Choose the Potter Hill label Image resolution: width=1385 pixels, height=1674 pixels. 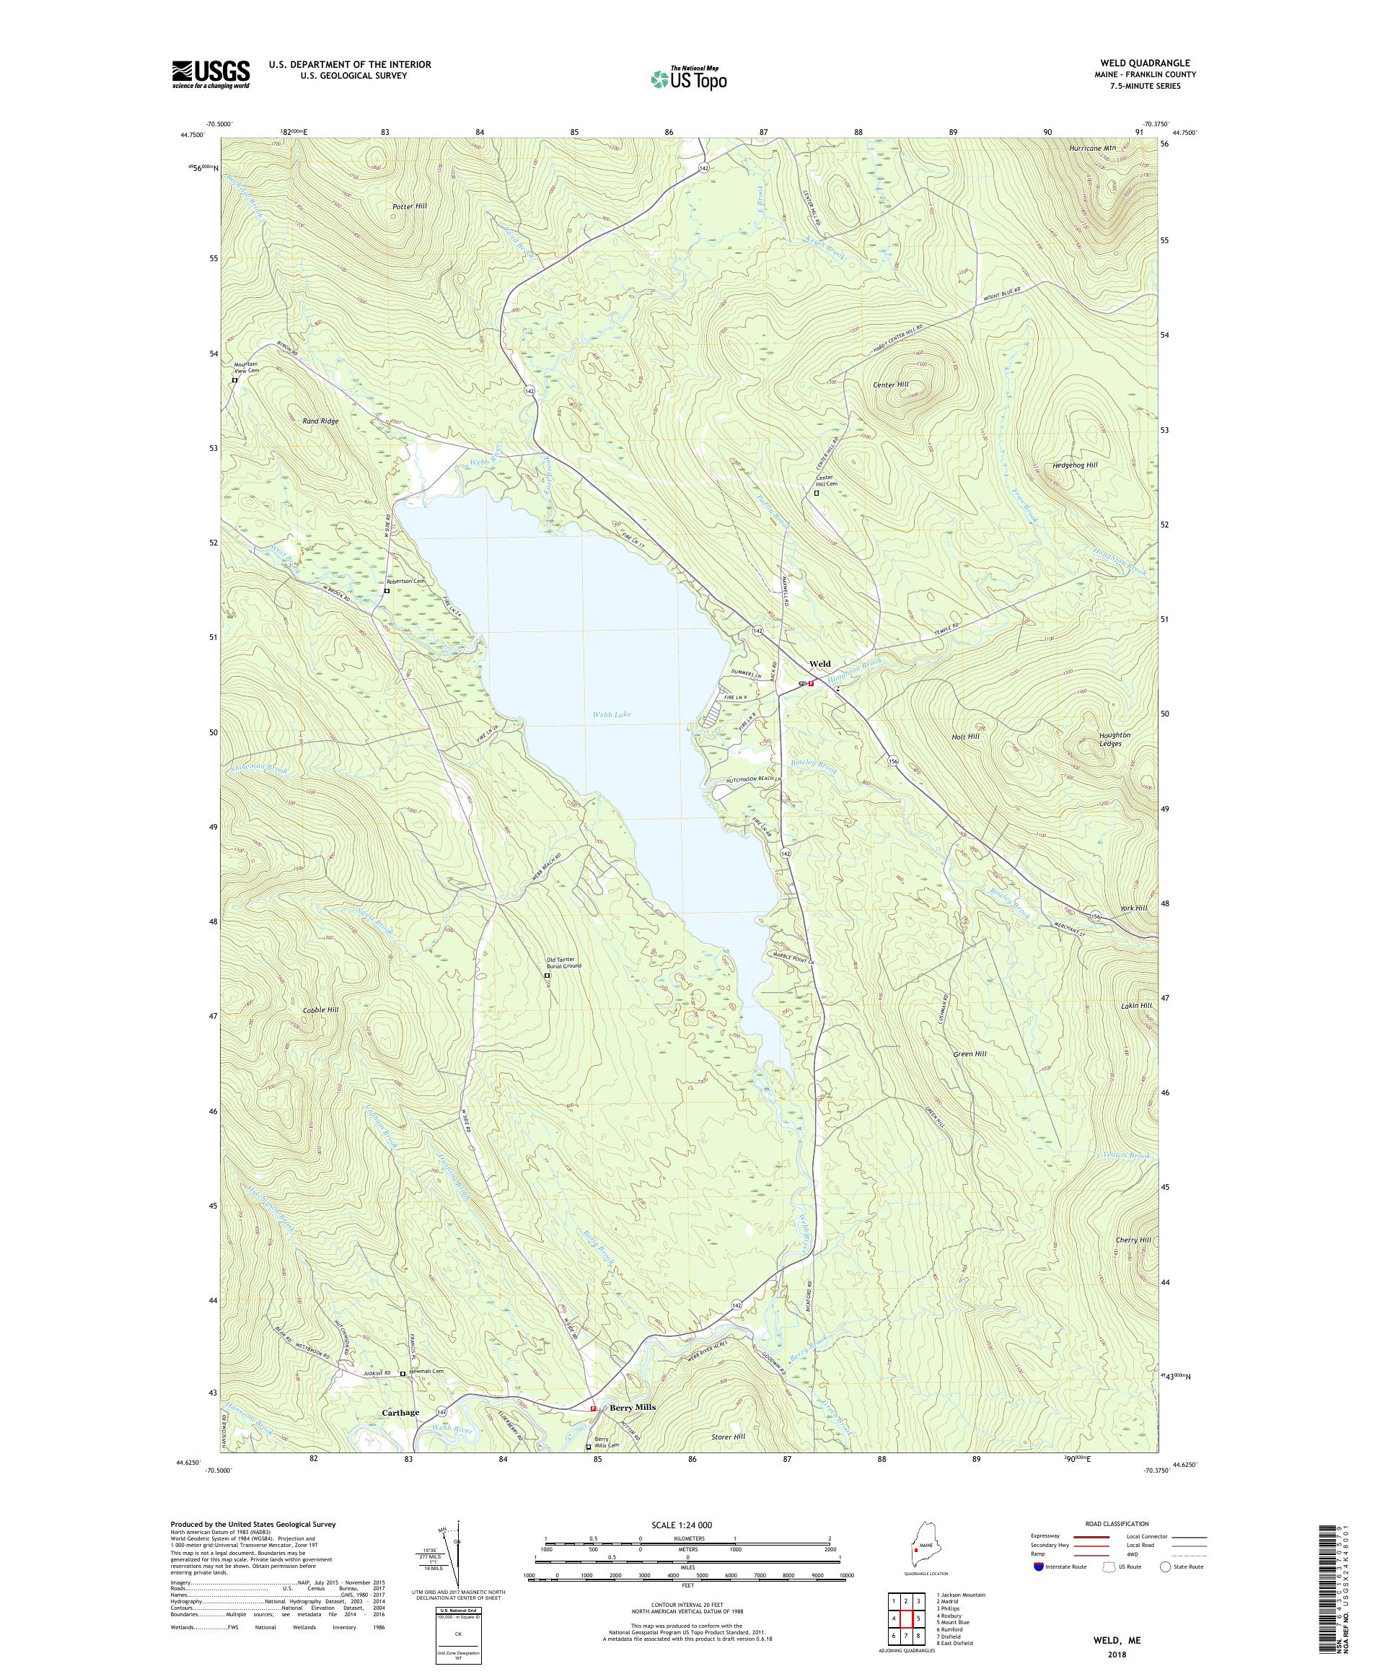410,206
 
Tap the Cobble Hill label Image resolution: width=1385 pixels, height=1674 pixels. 321,1010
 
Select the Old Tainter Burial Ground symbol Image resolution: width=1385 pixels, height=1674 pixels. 547,974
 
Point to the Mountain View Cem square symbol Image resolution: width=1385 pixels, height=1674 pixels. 234,380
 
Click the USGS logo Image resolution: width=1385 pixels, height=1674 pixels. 211,74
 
